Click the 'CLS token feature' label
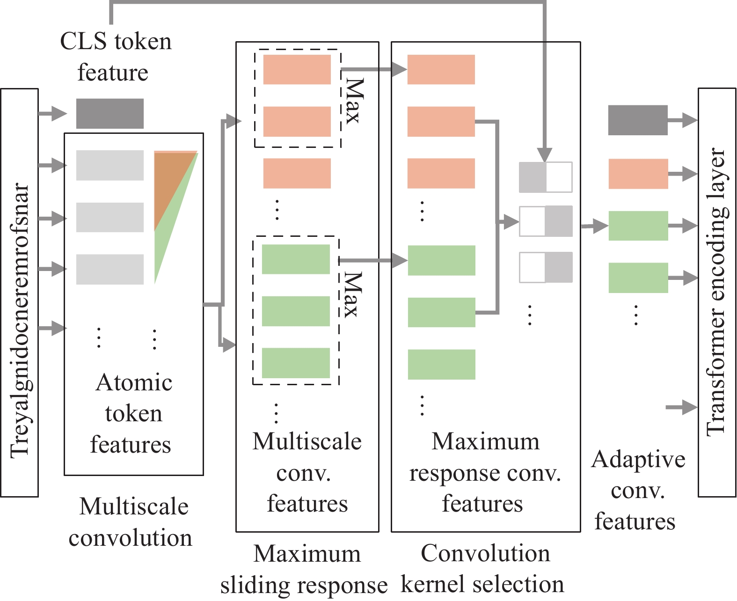click(116, 57)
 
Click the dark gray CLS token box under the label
click(109, 113)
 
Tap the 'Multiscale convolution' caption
click(131, 522)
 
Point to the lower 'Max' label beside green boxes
click(353, 295)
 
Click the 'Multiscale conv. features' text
click(307, 472)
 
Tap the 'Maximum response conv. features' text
click(485, 472)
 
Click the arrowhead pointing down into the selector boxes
click(545, 154)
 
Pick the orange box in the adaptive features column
click(638, 174)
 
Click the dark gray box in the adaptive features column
click(638, 120)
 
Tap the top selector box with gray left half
click(546, 177)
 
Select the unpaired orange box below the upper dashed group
click(297, 173)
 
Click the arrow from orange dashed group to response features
click(374, 70)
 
